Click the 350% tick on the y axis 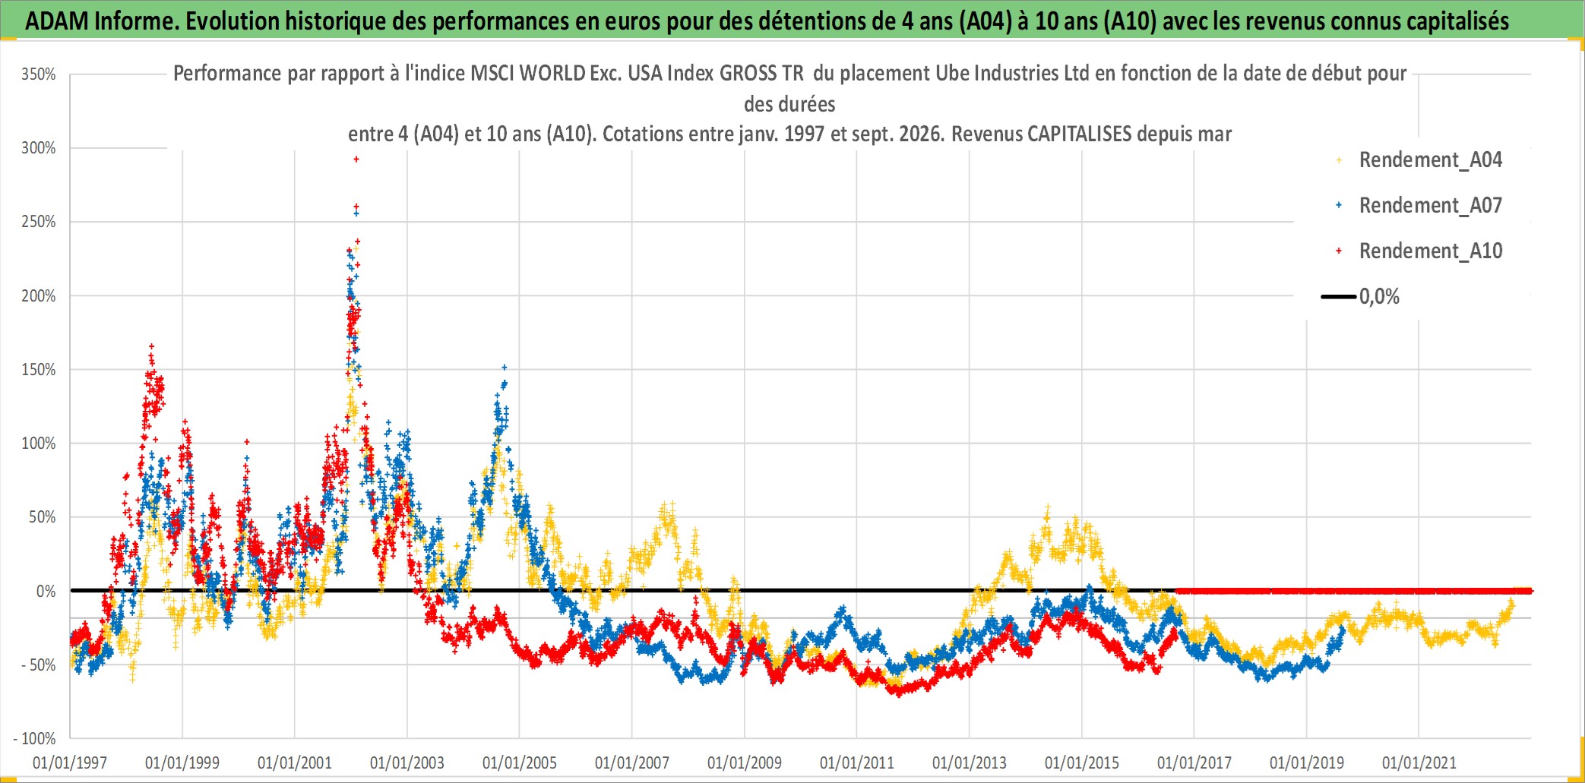[x=39, y=74]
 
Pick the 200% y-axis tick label [x=39, y=296]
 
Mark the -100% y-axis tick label [x=35, y=739]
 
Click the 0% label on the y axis [x=46, y=592]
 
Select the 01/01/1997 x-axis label [x=70, y=762]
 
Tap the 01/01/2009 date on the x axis [x=745, y=762]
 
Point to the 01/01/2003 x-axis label [x=407, y=762]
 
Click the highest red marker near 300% [x=356, y=159]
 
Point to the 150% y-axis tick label [x=39, y=370]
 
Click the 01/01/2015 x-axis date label [x=1082, y=762]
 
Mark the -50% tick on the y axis [x=38, y=665]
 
